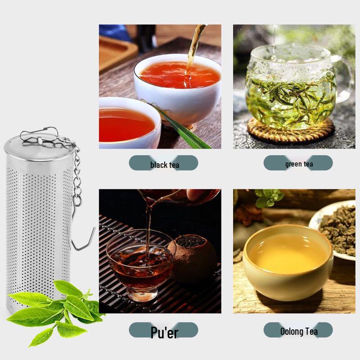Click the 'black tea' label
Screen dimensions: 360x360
(164, 164)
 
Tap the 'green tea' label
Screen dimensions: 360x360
(298, 164)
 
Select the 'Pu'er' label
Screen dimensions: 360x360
(164, 332)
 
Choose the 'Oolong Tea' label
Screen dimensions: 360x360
(298, 332)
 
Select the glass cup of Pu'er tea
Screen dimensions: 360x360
(139, 265)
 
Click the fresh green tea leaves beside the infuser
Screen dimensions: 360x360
(58, 310)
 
